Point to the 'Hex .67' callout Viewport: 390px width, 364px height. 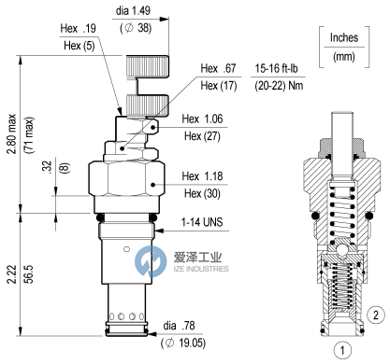pos(217,68)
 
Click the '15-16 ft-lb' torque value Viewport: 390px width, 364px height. pos(284,68)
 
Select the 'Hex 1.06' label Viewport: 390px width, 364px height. pos(201,119)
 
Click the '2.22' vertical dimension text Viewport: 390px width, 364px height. pos(9,276)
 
